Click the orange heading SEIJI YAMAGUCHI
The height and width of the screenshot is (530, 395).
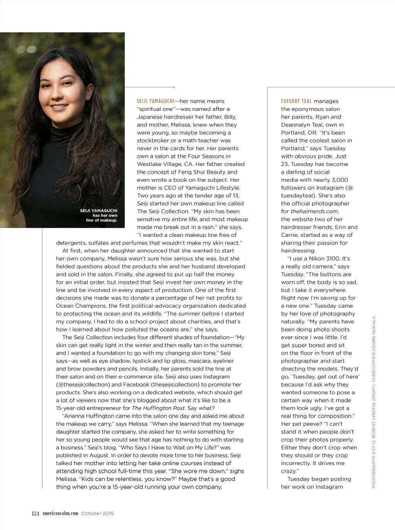click(155, 101)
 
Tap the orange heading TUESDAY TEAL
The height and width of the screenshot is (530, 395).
click(296, 101)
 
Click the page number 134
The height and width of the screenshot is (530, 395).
click(35, 513)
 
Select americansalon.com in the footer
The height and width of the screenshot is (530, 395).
click(60, 513)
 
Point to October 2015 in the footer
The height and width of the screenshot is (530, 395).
click(98, 513)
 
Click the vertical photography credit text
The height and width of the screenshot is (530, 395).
click(373, 402)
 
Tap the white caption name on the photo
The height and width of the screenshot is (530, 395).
click(99, 211)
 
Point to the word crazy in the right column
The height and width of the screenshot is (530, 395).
click(289, 471)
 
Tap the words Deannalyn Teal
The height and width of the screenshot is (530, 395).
click(302, 125)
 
